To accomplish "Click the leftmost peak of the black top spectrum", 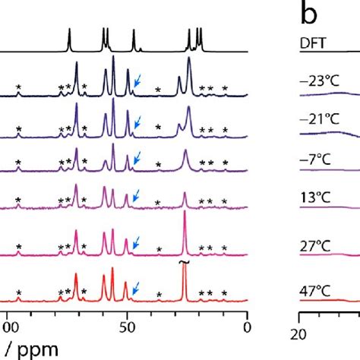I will point(69,38).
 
